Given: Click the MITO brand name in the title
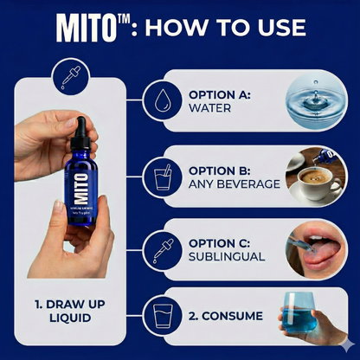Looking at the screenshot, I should [89, 28].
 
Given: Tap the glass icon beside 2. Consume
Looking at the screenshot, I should [161, 314].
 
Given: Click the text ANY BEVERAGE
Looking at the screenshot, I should [234, 183].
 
